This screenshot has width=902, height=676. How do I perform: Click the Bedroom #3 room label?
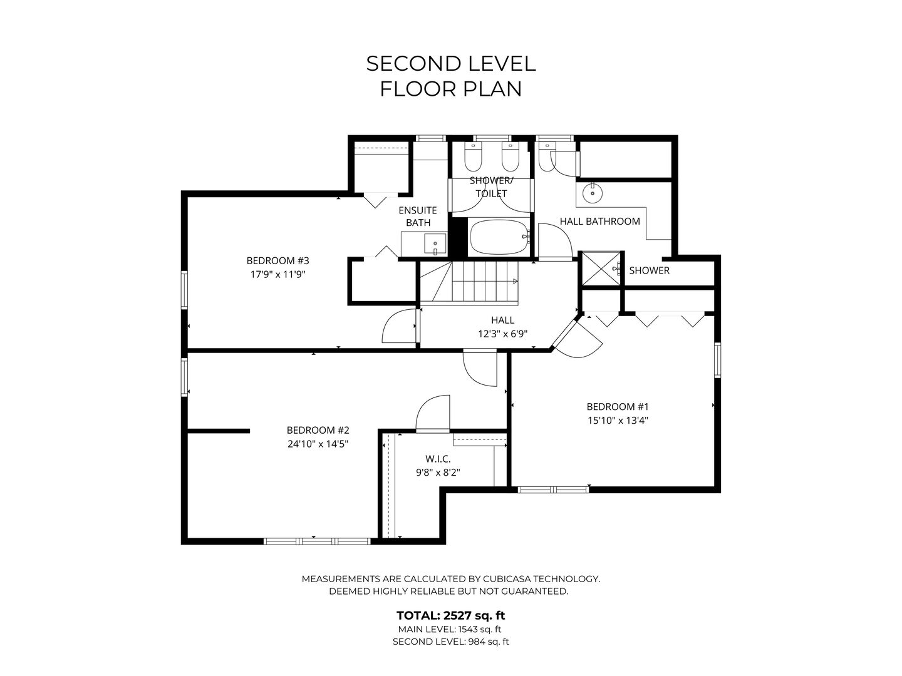277,260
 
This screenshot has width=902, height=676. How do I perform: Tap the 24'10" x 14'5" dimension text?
318,444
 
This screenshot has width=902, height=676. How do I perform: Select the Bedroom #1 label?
617,407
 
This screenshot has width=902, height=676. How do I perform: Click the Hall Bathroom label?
599,221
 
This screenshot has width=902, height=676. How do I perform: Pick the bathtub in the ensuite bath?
499,237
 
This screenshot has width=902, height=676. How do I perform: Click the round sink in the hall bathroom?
592,193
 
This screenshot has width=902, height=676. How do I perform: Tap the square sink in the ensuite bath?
435,244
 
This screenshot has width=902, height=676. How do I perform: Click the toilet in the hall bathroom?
547,156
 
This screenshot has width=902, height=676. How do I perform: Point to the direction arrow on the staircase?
515,281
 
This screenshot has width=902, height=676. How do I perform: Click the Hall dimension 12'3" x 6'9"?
502,334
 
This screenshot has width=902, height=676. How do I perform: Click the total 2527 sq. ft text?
450,615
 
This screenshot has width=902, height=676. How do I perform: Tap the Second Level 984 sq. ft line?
450,642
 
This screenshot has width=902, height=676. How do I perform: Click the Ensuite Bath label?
418,217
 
